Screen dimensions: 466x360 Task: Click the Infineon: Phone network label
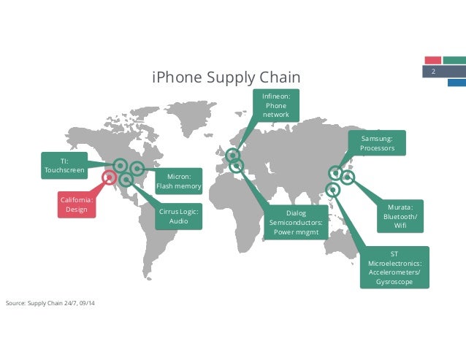pyautogui.click(x=276, y=105)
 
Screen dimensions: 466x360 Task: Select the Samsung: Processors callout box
pyautogui.click(x=377, y=143)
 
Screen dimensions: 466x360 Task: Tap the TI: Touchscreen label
pyautogui.click(x=64, y=166)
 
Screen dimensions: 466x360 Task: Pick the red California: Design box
pyautogui.click(x=77, y=204)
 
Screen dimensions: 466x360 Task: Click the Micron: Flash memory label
pyautogui.click(x=178, y=180)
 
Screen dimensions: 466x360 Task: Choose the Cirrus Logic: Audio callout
pyautogui.click(x=178, y=215)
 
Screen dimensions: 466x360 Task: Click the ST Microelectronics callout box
pyautogui.click(x=394, y=267)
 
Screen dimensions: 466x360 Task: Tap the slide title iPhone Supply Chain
pyautogui.click(x=226, y=77)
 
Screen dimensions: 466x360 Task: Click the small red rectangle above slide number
pyautogui.click(x=433, y=60)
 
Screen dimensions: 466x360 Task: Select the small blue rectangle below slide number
pyautogui.click(x=457, y=82)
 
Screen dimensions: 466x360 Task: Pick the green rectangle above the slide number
pyautogui.click(x=454, y=60)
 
